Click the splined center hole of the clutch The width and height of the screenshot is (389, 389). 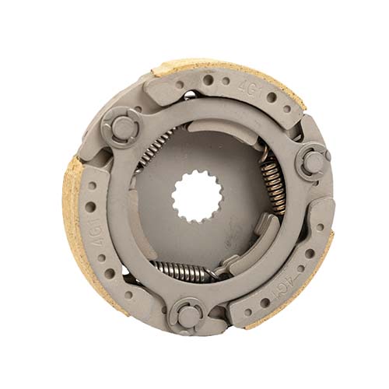coord(198,197)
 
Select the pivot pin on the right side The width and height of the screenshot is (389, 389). coord(313,162)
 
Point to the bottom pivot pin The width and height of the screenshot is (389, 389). coord(187,314)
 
